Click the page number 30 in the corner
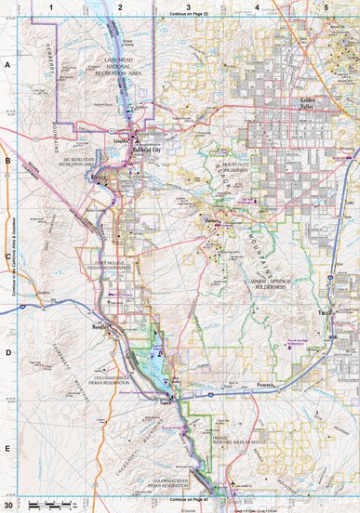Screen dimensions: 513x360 (x=8, y=505)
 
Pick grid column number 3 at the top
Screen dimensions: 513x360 (x=189, y=7)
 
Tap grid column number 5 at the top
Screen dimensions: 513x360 (x=326, y=7)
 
